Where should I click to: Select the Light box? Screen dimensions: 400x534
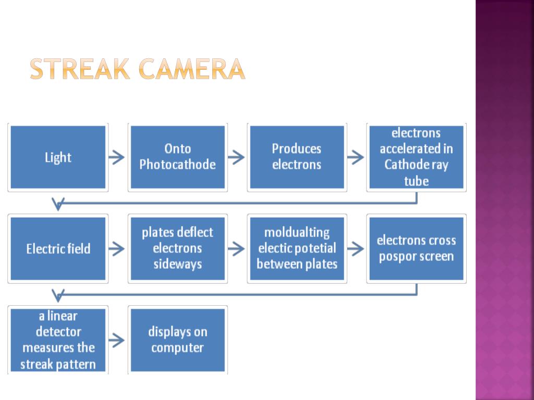tap(58, 157)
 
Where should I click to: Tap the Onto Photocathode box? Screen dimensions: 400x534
tap(177, 157)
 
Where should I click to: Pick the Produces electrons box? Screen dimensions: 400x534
tap(297, 157)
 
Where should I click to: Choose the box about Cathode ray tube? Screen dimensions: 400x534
tap(416, 157)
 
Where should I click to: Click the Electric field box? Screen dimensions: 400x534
tap(58, 248)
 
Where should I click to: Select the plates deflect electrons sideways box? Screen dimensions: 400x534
tap(177, 248)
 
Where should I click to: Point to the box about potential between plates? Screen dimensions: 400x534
tap(297, 248)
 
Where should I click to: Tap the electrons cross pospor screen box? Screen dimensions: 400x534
tap(416, 248)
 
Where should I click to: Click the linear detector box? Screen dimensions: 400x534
tap(58, 340)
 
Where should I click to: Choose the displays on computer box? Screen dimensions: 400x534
tap(177, 340)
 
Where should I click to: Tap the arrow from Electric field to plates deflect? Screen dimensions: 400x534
tap(117, 249)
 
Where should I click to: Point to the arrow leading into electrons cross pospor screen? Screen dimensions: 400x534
tap(356, 249)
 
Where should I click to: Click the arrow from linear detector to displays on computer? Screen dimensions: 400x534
tap(117, 340)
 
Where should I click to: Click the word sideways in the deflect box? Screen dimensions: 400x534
tap(177, 264)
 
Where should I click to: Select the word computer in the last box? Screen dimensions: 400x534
tap(177, 347)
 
